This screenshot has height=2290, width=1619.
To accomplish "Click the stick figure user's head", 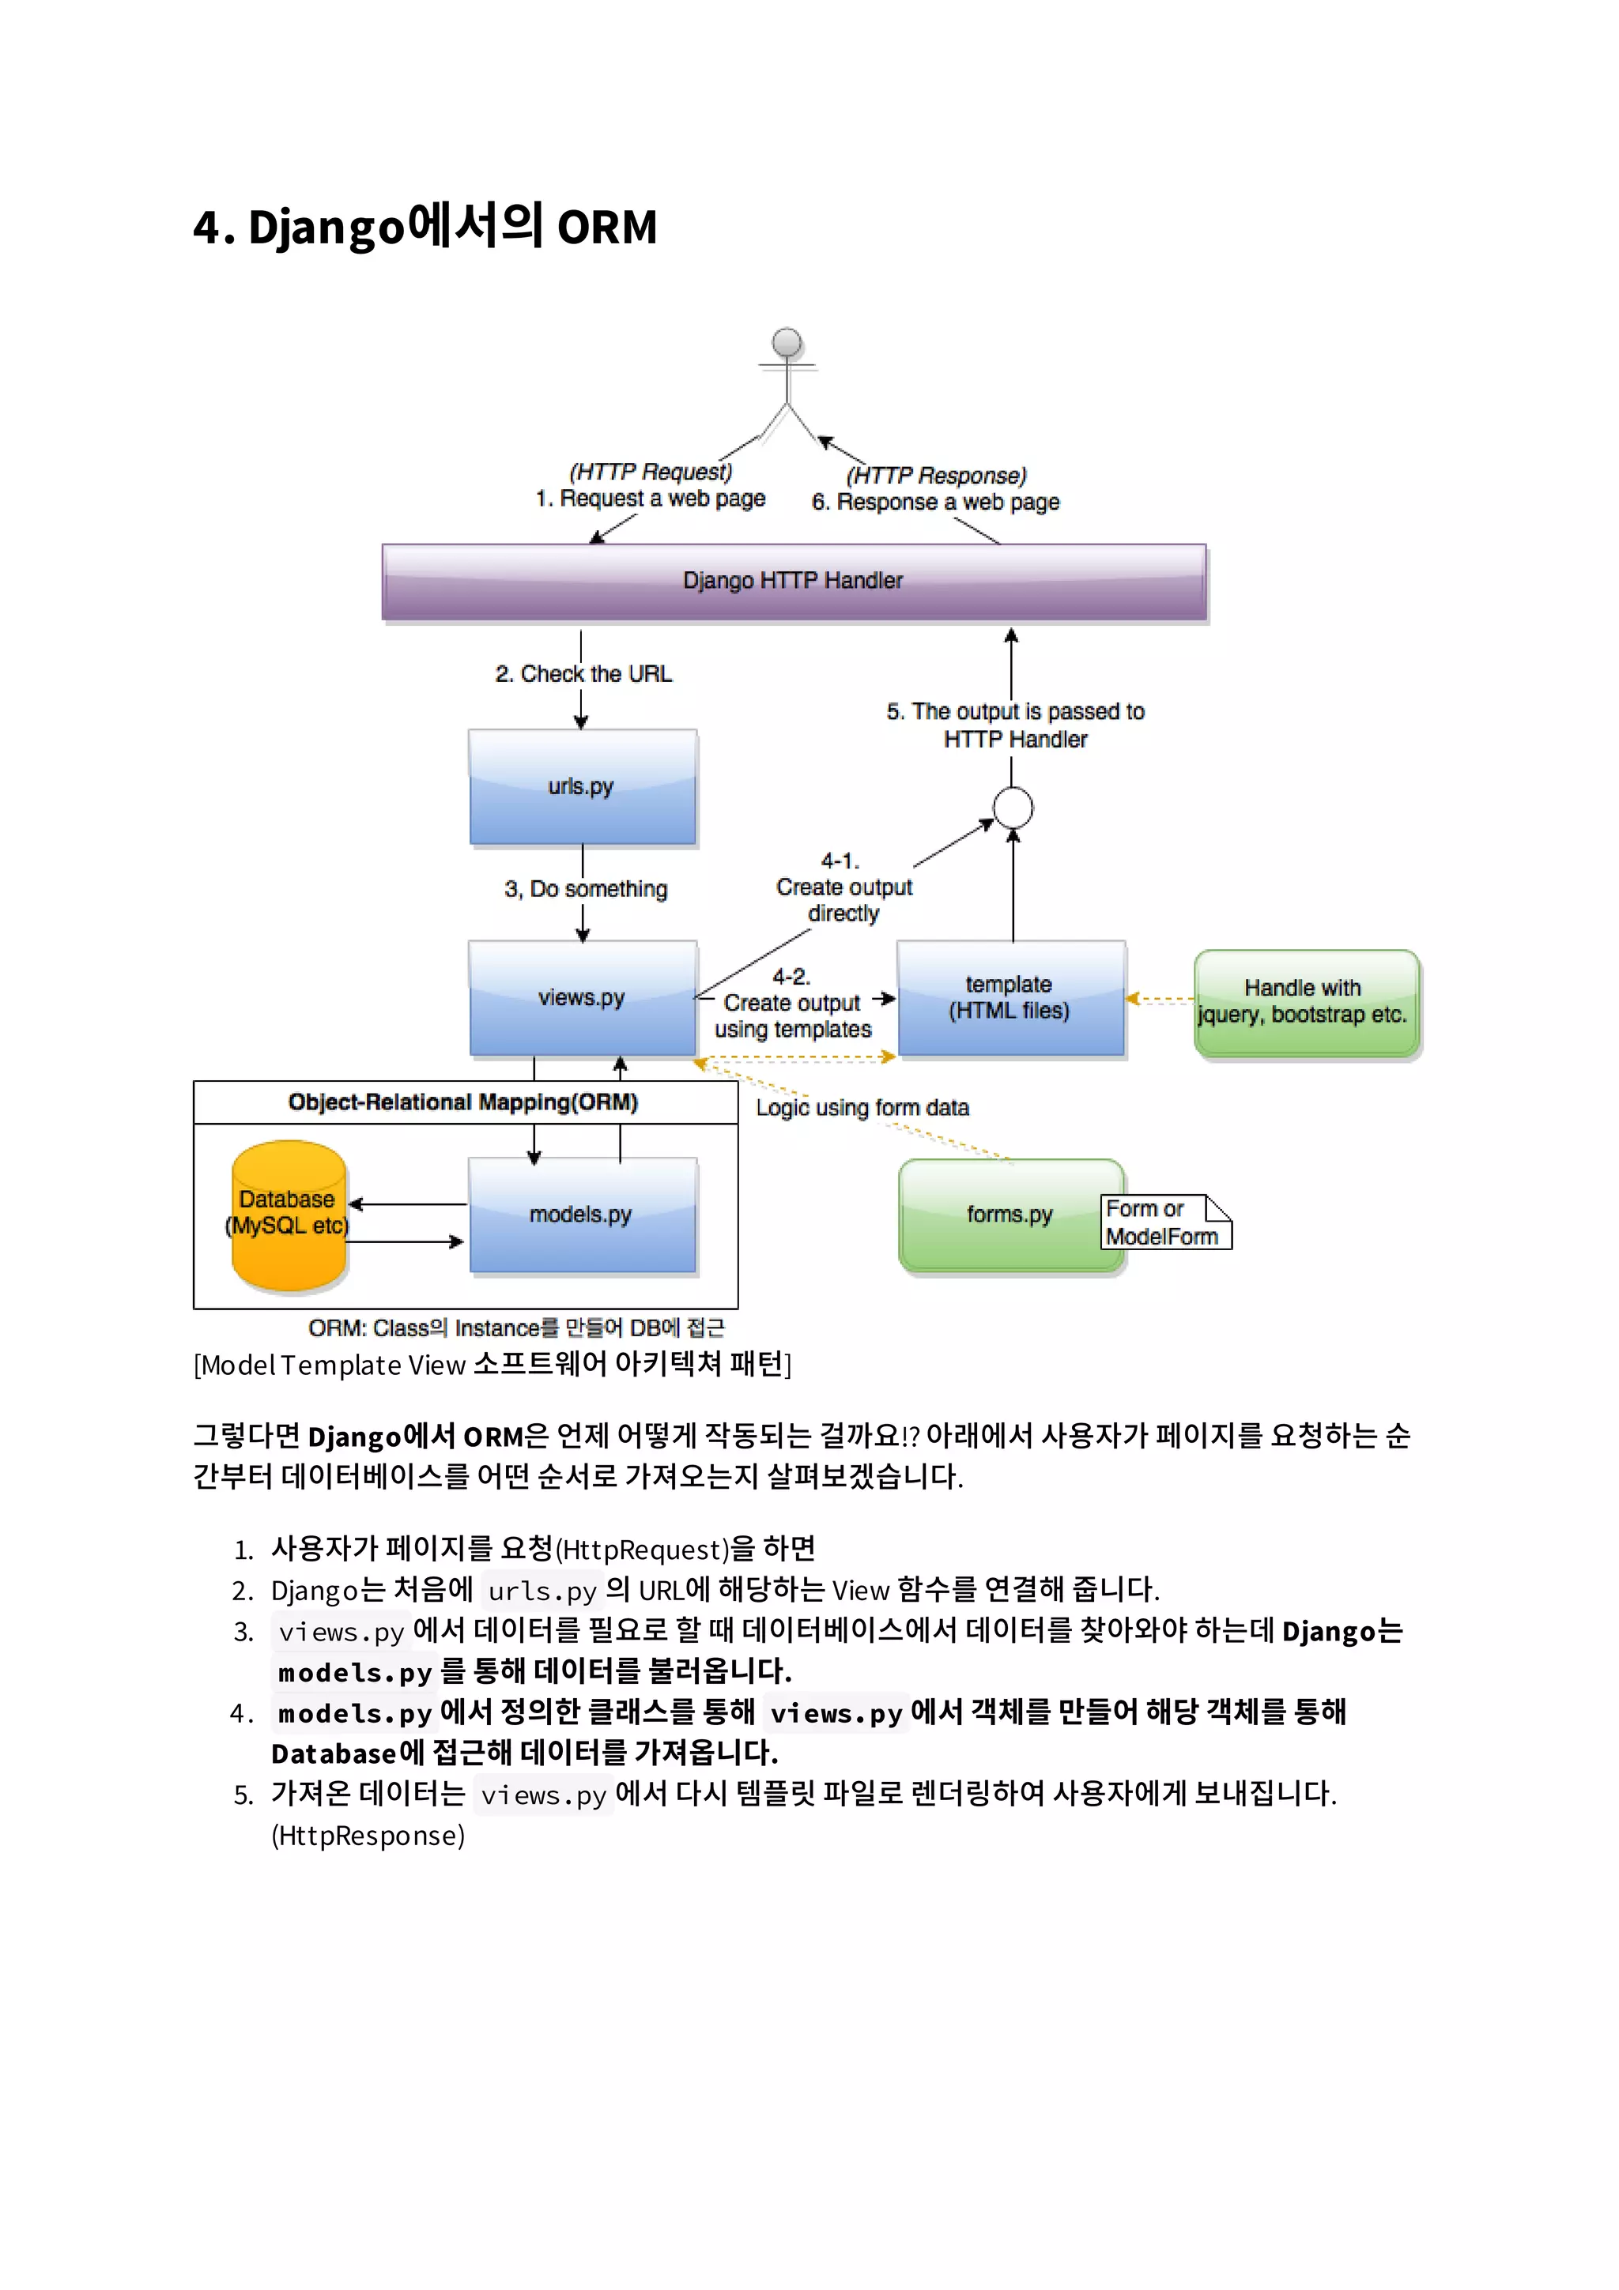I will point(787,342).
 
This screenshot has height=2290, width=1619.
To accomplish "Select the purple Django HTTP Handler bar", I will point(794,582).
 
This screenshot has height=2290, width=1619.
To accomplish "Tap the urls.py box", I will point(583,787).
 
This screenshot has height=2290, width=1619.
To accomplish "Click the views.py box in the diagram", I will point(583,997).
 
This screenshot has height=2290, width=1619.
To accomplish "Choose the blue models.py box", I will point(583,1215).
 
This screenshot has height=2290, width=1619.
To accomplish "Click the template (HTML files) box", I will point(1010,997).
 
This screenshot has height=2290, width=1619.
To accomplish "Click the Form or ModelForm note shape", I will point(1164,1222).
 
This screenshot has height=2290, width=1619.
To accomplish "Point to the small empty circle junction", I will point(1013,808).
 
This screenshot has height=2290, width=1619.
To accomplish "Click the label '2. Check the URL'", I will point(583,674).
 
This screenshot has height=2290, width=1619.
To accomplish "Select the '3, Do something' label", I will point(586,889).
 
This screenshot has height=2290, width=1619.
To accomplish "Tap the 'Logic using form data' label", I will point(862,1108).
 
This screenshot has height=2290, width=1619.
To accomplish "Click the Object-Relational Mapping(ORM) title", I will point(463,1102).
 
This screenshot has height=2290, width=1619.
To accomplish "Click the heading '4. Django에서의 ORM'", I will point(425,227).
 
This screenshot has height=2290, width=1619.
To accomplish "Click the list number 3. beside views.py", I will point(243,1632).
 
